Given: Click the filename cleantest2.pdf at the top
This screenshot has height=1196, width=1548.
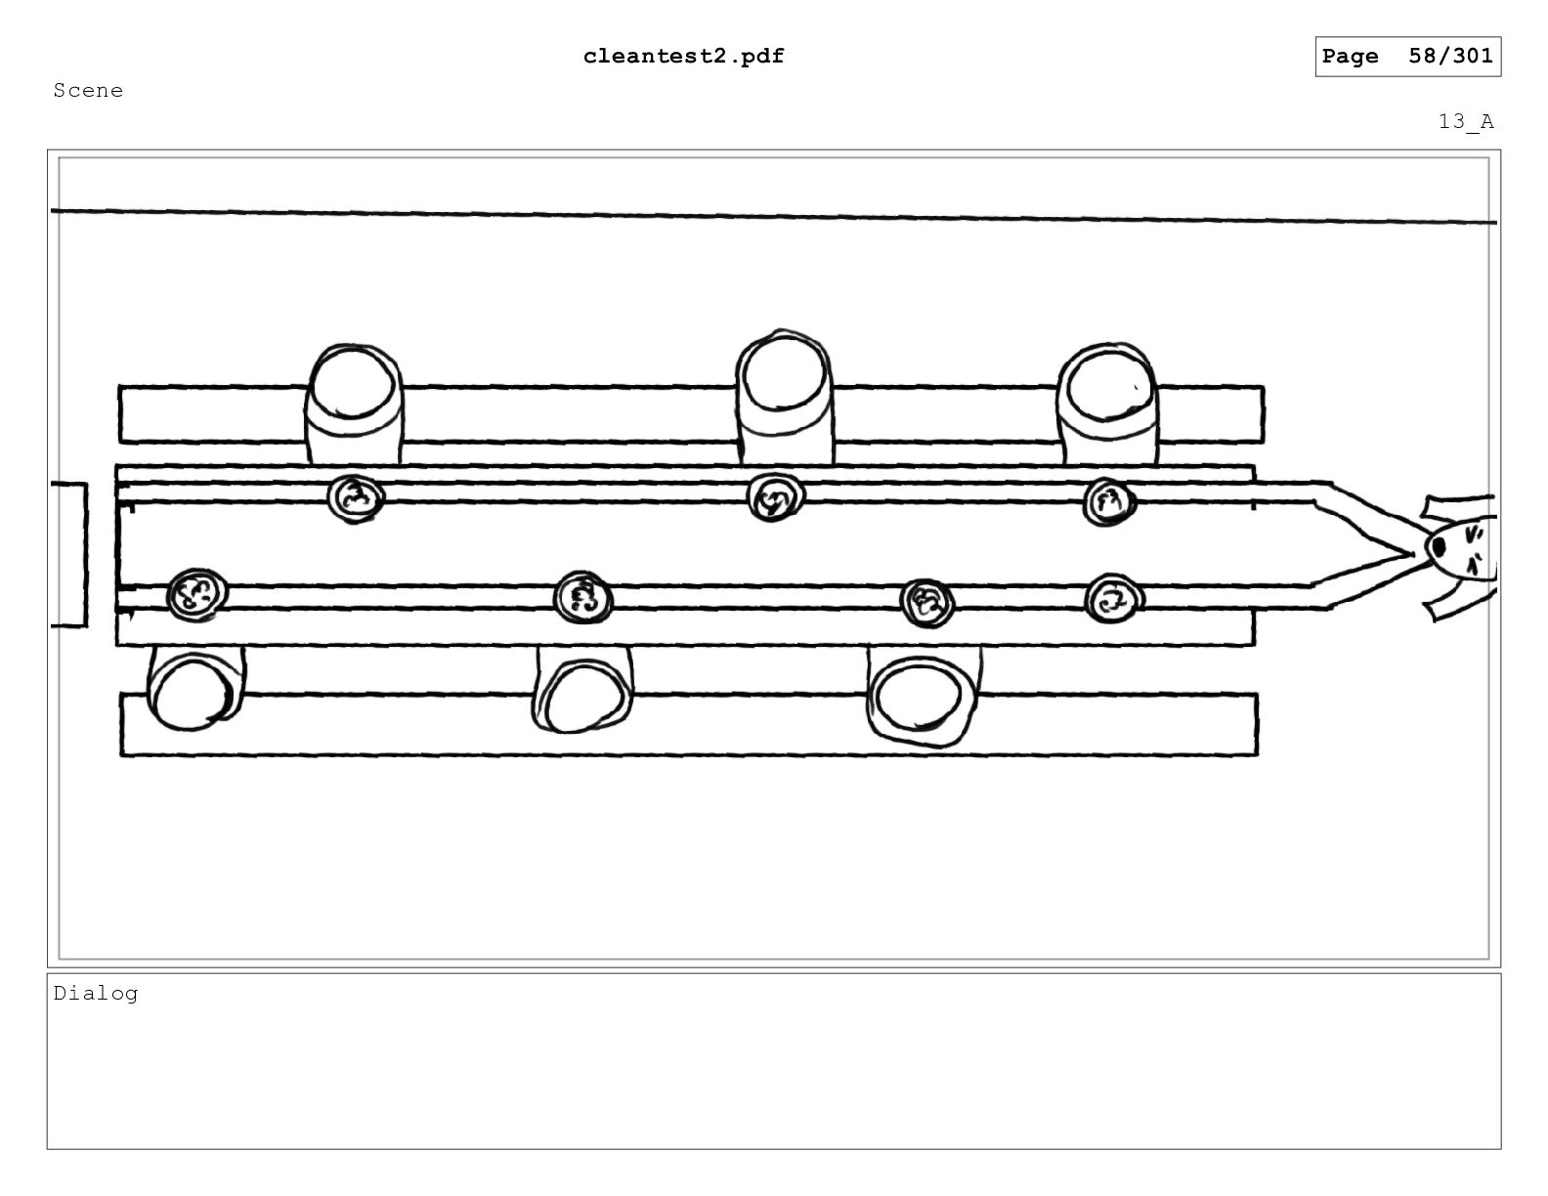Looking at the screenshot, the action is click(683, 57).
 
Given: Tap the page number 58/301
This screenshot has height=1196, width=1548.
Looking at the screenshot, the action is click(1450, 56).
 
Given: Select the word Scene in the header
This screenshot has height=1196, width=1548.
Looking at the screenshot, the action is click(88, 91).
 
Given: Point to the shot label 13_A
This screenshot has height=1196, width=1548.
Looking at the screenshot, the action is click(1466, 122).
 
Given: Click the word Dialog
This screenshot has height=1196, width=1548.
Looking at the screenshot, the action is click(96, 994).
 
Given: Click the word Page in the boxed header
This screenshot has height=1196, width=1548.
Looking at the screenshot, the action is click(1350, 57).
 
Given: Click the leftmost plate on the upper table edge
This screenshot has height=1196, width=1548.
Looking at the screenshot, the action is click(356, 498).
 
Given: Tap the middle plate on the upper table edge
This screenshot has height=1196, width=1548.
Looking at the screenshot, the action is click(775, 497).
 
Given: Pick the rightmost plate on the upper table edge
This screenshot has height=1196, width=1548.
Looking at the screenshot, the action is click(1108, 502).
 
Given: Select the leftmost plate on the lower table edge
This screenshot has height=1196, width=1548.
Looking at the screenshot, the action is click(197, 594).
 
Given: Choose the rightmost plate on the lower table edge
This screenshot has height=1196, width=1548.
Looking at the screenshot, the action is click(1113, 598).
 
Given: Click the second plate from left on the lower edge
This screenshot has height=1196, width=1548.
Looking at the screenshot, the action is click(582, 597).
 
